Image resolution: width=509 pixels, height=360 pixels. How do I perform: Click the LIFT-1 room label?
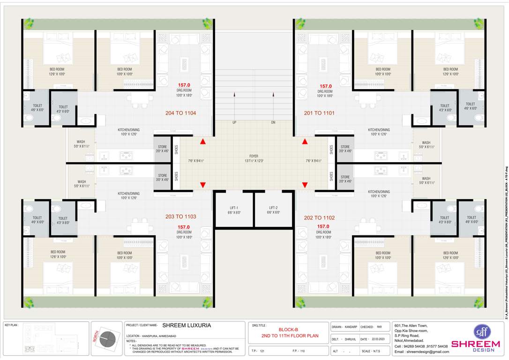(234, 208)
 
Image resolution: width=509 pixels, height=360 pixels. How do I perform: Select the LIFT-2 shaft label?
(274, 208)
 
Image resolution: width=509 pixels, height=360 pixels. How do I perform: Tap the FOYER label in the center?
(254, 156)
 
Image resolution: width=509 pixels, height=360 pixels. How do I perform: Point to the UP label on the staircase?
(234, 122)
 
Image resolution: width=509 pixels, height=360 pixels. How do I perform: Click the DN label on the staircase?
(273, 122)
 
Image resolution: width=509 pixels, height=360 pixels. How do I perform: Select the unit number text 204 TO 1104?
(180, 113)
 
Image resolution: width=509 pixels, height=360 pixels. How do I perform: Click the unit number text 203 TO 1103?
(180, 217)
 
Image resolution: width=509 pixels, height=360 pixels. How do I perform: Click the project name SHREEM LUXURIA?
(187, 325)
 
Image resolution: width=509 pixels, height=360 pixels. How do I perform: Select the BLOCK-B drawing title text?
(289, 329)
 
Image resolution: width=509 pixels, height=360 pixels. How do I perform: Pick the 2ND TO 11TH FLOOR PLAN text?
(289, 336)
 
